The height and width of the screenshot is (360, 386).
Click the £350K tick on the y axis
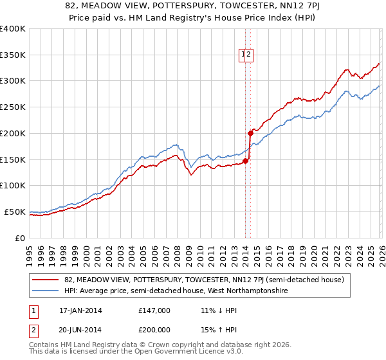(x=13, y=55)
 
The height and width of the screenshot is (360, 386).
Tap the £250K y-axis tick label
(x=13, y=107)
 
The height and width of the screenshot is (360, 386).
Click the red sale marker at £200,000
(x=250, y=134)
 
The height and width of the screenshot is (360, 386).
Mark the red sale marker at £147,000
(x=246, y=161)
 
